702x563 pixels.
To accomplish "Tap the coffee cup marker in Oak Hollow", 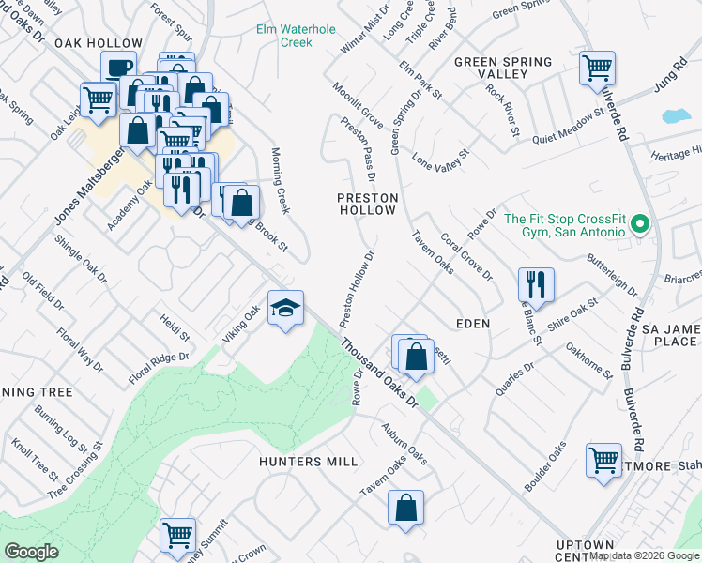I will pyautogui.click(x=119, y=68).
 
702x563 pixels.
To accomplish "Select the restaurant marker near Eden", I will pyautogui.click(x=535, y=282).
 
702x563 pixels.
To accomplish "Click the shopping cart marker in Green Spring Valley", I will pyautogui.click(x=597, y=68).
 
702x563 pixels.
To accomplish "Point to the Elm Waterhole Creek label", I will pyautogui.click(x=296, y=36).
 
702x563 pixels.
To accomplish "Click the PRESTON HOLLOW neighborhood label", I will pyautogui.click(x=368, y=205).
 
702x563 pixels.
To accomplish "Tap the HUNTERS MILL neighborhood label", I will pyautogui.click(x=309, y=462).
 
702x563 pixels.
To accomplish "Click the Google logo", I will pyautogui.click(x=32, y=552).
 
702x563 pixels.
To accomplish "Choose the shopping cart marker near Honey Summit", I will pyautogui.click(x=177, y=535).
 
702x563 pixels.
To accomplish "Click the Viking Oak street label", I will pyautogui.click(x=239, y=325).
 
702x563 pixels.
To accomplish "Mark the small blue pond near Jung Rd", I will pyautogui.click(x=676, y=117).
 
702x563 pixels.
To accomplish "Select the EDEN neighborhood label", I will pyautogui.click(x=473, y=323).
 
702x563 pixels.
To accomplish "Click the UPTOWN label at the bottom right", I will pyautogui.click(x=584, y=545).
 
